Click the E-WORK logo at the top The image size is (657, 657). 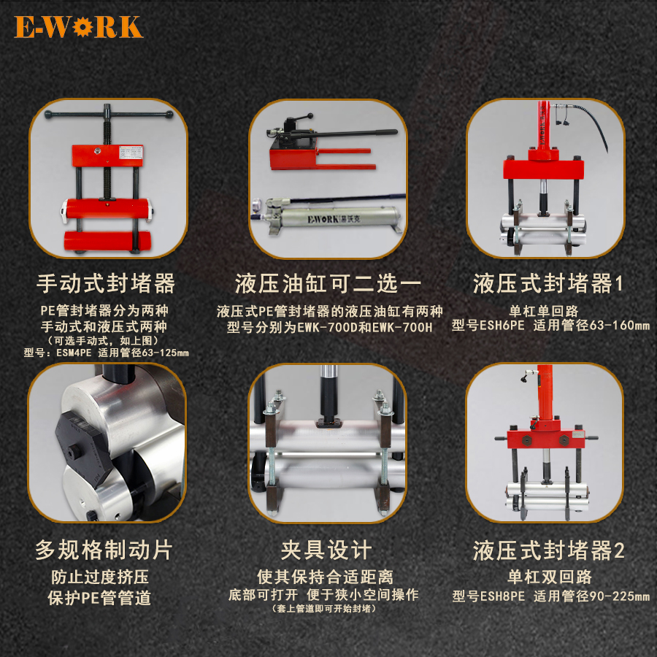coord(78,27)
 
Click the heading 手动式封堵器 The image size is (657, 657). coord(107,283)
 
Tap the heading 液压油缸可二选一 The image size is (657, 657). coord(328,283)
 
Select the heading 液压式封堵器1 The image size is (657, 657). coord(548,283)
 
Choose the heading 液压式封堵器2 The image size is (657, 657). coord(548,550)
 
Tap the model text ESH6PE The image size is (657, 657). coord(502,326)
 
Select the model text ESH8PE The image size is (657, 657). coord(502,596)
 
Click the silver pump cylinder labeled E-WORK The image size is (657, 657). coord(328,218)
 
